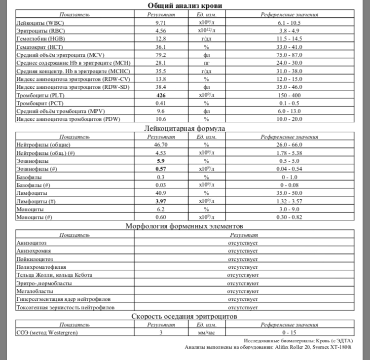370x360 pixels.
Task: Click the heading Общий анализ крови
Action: point(185,5)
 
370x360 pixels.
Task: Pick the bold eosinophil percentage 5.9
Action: point(160,161)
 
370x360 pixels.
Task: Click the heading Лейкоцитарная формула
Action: point(185,128)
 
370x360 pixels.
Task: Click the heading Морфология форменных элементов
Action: point(185,226)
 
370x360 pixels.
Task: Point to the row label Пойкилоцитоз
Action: point(35,259)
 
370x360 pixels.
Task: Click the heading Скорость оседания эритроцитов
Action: point(185,316)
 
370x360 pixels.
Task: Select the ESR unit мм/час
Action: point(207,333)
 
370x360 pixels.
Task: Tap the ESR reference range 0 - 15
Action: point(290,333)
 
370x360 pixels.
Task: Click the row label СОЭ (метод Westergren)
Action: point(47,333)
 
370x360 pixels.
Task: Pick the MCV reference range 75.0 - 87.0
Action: point(290,54)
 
